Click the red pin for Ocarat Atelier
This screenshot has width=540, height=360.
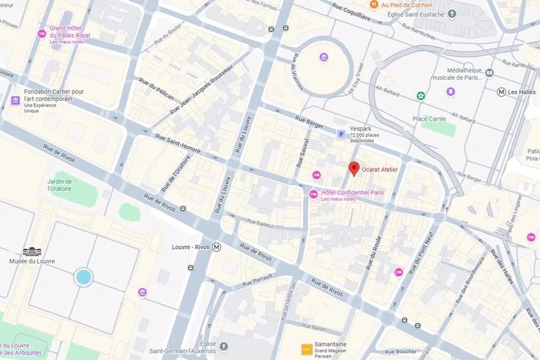pyautogui.click(x=354, y=169)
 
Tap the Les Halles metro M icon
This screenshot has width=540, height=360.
pyautogui.click(x=502, y=92)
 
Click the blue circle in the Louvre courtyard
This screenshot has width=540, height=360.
pyautogui.click(x=83, y=277)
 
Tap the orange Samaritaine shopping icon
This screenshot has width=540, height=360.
pyautogui.click(x=305, y=348)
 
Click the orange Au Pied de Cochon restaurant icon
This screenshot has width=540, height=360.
pyautogui.click(x=373, y=5)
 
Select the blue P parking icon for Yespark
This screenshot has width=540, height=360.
pyautogui.click(x=341, y=134)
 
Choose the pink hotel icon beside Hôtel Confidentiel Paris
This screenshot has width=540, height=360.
pyautogui.click(x=313, y=194)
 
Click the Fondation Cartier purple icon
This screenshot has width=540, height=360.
pyautogui.click(x=15, y=100)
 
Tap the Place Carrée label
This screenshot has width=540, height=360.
pyautogui.click(x=429, y=119)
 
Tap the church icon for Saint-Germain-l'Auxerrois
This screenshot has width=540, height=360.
pyautogui.click(x=224, y=346)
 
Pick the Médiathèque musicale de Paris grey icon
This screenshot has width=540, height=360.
pyautogui.click(x=489, y=73)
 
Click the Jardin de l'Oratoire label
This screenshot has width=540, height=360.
pyautogui.click(x=60, y=185)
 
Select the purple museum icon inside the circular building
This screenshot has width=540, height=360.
pyautogui.click(x=324, y=58)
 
